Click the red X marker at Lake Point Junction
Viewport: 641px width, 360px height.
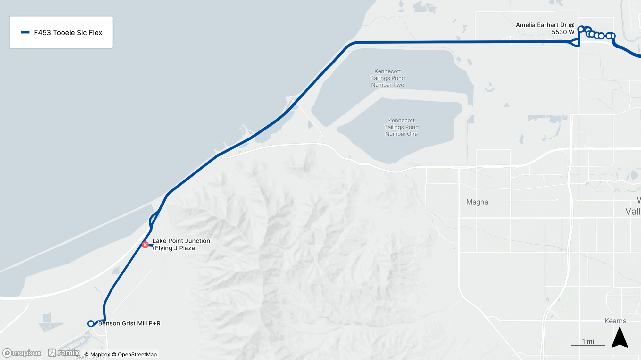click(145, 245)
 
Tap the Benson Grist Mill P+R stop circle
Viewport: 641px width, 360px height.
click(91, 324)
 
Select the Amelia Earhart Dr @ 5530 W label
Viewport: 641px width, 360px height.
click(545, 29)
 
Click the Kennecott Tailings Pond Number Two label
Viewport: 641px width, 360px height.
click(387, 78)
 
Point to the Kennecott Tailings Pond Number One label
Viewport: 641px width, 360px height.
click(401, 127)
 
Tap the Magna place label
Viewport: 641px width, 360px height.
click(477, 202)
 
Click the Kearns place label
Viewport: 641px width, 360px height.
click(615, 321)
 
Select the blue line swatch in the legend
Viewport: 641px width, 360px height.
click(25, 32)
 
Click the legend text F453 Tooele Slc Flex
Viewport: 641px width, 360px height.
click(68, 33)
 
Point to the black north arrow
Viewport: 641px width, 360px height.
click(620, 338)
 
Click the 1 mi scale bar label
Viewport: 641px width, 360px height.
click(588, 341)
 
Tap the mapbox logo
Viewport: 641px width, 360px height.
click(22, 353)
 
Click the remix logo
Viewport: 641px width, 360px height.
click(64, 353)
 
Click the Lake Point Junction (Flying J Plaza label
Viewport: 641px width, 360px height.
click(181, 244)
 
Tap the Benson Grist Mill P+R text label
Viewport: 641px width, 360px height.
click(129, 323)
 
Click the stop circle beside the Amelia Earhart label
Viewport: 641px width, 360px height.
click(581, 29)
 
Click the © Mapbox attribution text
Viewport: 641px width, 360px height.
click(97, 354)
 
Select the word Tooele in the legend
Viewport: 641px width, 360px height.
click(64, 33)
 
